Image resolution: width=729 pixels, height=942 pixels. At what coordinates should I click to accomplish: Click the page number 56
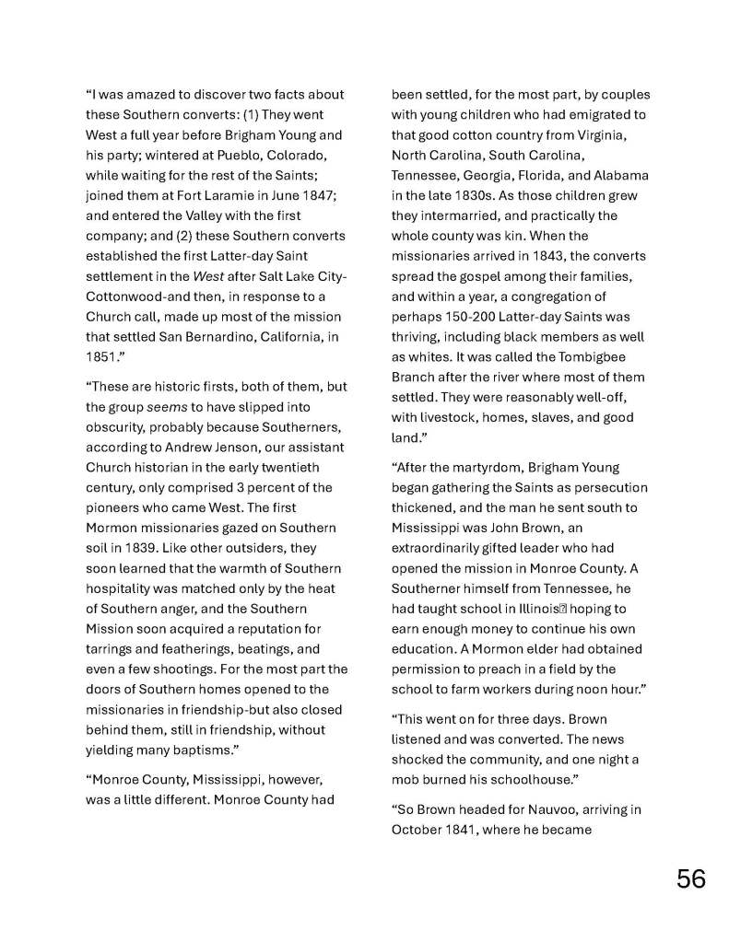pyautogui.click(x=691, y=879)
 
